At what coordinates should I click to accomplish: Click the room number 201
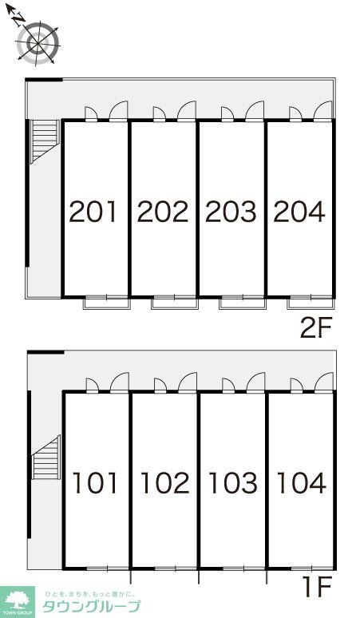(93, 212)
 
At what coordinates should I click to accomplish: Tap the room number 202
(163, 212)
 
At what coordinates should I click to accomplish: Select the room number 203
(231, 212)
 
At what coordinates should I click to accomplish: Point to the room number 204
(299, 212)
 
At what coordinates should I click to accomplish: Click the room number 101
(95, 483)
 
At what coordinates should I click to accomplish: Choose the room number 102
(165, 483)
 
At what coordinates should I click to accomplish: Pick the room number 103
(233, 483)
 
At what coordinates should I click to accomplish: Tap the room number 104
(302, 483)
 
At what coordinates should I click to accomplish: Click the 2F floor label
(316, 329)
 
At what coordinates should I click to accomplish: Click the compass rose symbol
(38, 42)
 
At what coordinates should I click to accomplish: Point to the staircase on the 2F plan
(45, 141)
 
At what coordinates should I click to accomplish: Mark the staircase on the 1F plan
(46, 458)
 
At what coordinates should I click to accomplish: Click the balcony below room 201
(107, 303)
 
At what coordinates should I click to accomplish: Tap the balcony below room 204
(311, 303)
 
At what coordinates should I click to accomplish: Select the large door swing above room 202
(187, 110)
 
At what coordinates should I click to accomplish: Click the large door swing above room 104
(324, 382)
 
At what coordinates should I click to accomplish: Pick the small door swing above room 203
(227, 113)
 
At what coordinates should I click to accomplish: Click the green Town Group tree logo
(18, 602)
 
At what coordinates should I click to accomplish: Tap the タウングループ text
(91, 606)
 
